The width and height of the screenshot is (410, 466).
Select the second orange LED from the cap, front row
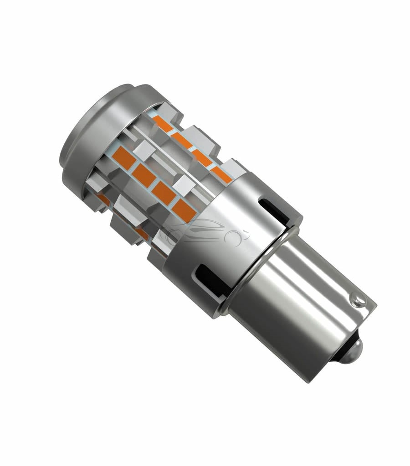(144, 174)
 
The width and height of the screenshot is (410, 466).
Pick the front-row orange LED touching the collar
(184, 209)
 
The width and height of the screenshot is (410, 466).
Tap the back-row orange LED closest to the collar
(222, 174)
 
